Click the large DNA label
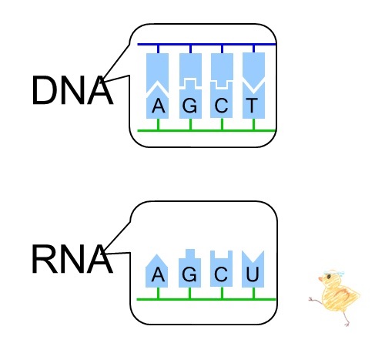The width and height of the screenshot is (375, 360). (72, 90)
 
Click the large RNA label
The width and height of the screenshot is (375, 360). (72, 259)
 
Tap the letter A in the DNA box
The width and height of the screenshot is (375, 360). (158, 106)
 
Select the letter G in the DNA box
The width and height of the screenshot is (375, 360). (189, 106)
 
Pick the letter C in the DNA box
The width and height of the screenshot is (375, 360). (221, 106)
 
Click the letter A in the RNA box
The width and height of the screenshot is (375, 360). (158, 274)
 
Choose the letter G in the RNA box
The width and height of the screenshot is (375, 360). (189, 274)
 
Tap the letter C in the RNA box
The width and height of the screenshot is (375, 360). (221, 274)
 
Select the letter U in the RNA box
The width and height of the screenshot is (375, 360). (253, 274)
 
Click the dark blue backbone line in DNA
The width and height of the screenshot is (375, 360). (207, 45)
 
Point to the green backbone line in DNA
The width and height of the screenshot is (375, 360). (207, 130)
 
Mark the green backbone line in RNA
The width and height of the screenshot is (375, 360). (206, 299)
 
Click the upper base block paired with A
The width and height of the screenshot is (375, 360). (157, 69)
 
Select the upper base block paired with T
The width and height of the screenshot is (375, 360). (253, 67)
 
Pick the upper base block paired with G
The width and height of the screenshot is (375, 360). (190, 66)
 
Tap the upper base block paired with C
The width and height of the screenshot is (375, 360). (222, 67)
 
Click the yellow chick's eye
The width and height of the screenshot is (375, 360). (329, 276)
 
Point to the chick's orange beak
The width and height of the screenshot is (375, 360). (320, 279)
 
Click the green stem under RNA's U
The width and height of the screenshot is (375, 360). (253, 293)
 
